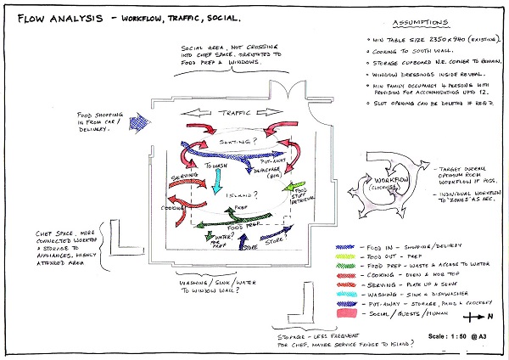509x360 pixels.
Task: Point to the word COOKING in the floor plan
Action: [x=175, y=206]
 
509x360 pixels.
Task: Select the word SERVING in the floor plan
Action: [x=184, y=177]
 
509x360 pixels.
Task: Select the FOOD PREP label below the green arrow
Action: [x=241, y=228]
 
